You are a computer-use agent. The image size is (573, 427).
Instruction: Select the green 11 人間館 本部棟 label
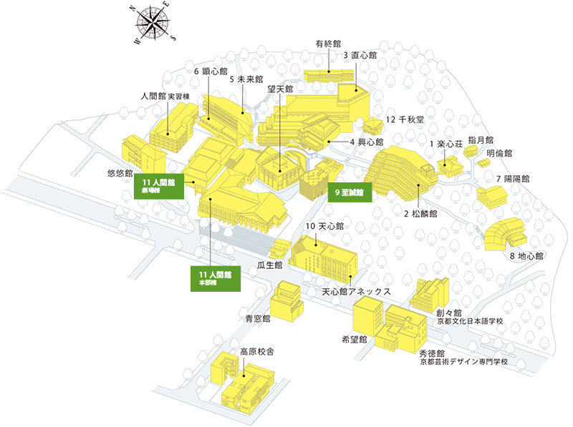(216, 278)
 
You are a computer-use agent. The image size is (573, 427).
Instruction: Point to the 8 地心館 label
(527, 255)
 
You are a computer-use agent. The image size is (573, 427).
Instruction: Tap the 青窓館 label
(256, 318)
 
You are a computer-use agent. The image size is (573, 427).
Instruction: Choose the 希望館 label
(353, 338)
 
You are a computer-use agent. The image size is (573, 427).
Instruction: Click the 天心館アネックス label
(356, 292)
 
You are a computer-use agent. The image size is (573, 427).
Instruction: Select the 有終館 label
(328, 44)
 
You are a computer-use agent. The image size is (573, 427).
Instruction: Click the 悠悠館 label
(120, 173)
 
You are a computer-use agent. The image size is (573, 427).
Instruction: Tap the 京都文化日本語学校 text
(470, 322)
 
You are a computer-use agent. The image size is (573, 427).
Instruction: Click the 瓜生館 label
(271, 265)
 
